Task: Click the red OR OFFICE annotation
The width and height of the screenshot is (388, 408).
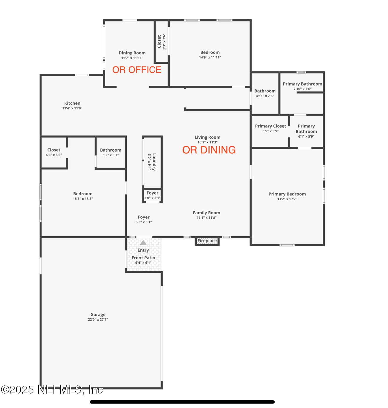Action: point(137,70)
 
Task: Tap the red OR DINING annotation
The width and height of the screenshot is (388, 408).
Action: point(209,150)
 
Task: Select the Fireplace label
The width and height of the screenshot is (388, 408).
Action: point(207,241)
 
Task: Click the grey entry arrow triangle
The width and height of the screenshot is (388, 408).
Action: point(143,243)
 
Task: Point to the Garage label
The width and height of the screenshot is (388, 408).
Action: point(98,315)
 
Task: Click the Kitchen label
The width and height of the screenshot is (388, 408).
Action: point(72,103)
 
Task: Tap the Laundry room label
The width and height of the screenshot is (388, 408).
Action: point(154,162)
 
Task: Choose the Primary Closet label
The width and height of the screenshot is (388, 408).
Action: point(270,126)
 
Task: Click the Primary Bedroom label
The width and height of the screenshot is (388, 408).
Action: point(287,194)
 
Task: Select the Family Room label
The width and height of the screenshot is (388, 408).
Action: point(206,213)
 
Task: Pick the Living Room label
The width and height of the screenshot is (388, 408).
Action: point(207,137)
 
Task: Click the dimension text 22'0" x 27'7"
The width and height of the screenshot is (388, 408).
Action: point(98,320)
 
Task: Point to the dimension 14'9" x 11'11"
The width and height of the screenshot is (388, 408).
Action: point(210,57)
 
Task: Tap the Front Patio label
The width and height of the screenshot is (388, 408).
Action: point(143,258)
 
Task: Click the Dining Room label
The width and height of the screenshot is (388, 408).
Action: point(132,53)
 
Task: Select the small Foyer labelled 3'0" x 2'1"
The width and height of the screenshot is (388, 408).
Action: point(152,193)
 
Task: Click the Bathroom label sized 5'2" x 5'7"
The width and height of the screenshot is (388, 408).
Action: point(111,150)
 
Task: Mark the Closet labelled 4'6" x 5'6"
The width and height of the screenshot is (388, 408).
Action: point(54,150)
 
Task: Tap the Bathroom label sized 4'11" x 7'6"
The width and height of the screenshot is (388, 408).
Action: point(265,91)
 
